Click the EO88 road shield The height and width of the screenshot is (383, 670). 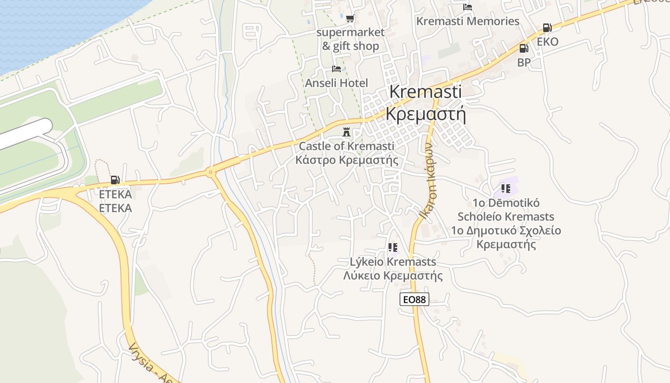(x=414, y=300)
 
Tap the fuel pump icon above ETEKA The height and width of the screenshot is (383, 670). (x=115, y=180)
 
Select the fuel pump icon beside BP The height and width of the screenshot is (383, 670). (x=524, y=48)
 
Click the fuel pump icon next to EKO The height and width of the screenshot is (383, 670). (x=547, y=28)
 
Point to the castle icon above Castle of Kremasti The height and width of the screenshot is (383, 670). (x=346, y=132)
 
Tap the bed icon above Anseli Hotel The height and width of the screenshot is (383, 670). (x=336, y=69)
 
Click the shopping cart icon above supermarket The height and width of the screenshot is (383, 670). (x=350, y=19)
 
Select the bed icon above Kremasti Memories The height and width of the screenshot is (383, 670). (x=468, y=7)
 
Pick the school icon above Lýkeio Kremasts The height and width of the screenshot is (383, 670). (x=393, y=248)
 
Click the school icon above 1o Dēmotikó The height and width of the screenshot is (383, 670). (x=505, y=189)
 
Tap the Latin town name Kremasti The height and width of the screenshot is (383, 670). (x=425, y=91)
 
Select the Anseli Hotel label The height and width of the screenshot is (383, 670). (x=336, y=83)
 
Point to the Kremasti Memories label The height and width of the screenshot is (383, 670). (x=468, y=21)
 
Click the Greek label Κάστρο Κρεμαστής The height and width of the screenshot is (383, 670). (x=346, y=160)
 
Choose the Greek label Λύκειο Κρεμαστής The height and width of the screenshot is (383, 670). (x=393, y=276)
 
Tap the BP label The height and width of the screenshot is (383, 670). (x=524, y=62)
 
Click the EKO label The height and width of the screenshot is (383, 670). (x=547, y=42)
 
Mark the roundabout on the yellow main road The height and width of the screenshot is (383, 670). (x=210, y=172)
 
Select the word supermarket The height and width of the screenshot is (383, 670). (x=350, y=33)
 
